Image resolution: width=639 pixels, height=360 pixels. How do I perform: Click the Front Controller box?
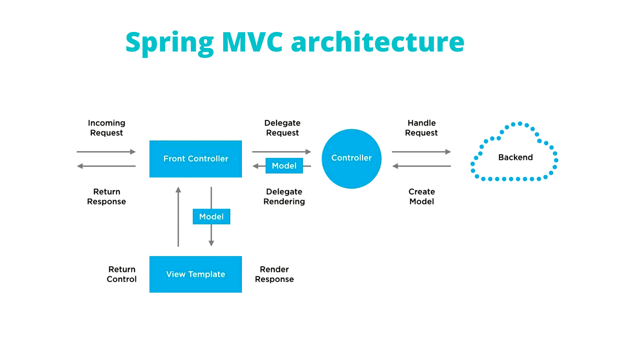point(195,159)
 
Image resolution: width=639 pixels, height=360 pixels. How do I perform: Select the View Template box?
point(195,274)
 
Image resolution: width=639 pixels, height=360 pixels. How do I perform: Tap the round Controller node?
point(351,158)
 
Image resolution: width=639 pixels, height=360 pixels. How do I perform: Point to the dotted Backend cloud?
point(515,157)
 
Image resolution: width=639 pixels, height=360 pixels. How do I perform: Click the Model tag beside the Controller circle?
point(284,166)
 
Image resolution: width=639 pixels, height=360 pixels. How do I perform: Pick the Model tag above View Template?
point(211,217)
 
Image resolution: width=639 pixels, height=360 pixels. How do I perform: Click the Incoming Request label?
point(106,128)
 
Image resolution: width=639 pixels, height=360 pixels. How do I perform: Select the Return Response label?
point(106,197)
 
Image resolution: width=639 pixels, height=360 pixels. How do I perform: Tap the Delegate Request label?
point(283,128)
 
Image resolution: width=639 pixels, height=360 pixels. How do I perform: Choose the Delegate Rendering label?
point(284,197)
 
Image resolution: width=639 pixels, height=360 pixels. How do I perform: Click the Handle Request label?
point(421,128)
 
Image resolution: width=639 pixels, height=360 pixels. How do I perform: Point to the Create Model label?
point(421,197)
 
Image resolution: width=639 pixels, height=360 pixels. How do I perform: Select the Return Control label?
point(121,274)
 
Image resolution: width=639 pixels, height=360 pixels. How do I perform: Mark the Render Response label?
point(274,274)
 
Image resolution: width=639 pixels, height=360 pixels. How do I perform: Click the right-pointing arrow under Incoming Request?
point(106,151)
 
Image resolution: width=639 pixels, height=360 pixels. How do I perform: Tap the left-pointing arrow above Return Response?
point(106,166)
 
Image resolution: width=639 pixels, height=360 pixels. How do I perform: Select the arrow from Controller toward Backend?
point(421,151)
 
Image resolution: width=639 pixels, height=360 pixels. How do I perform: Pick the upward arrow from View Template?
point(178,217)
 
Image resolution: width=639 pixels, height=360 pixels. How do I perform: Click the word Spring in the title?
point(169,42)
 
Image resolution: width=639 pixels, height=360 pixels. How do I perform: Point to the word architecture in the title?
point(377,42)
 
